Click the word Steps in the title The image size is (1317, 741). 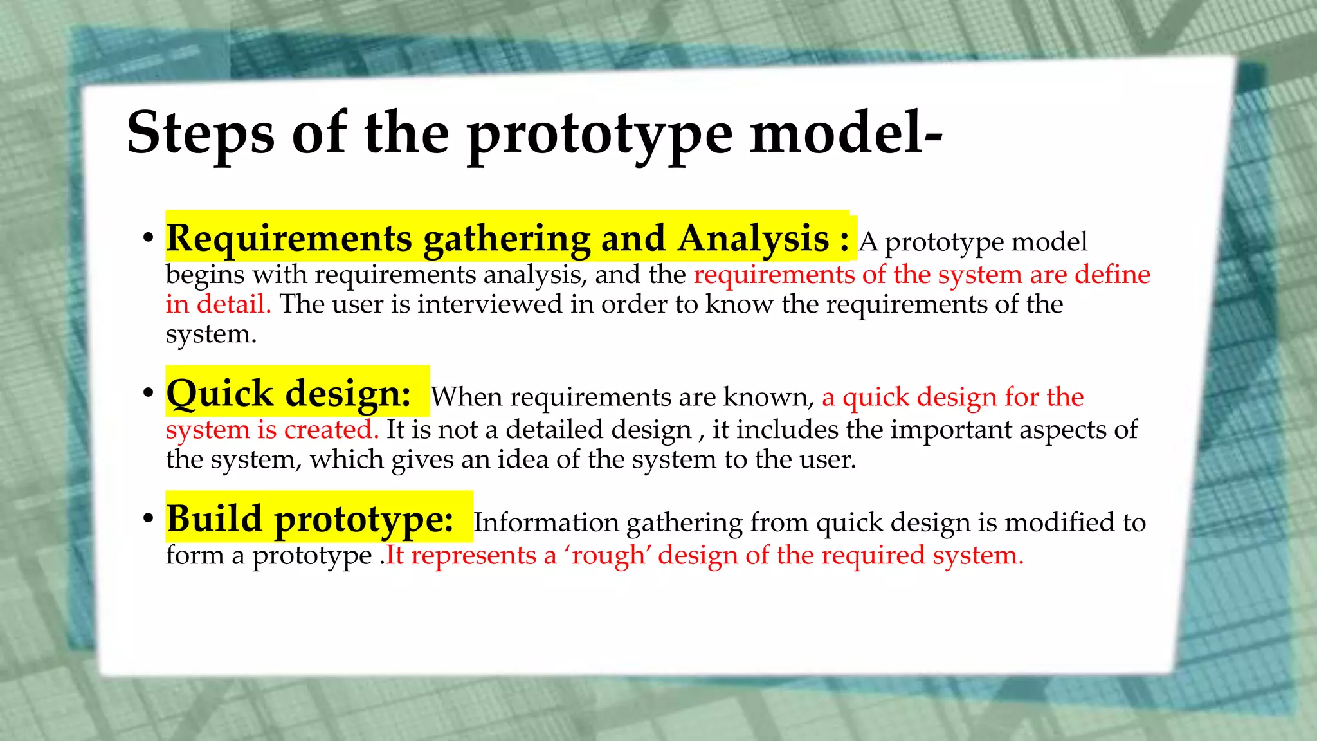pos(201,133)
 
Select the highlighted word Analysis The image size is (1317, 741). pos(754,239)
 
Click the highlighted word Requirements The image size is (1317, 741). pos(289,239)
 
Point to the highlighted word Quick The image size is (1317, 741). pos(219,394)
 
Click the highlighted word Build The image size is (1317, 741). pos(214,518)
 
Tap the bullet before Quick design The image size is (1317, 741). pos(149,392)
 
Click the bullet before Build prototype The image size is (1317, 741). pos(149,518)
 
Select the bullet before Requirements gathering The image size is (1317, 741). pos(149,238)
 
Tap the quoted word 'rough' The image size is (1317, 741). pos(607,555)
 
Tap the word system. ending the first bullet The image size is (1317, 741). pos(211,335)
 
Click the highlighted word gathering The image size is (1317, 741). pos(507,240)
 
